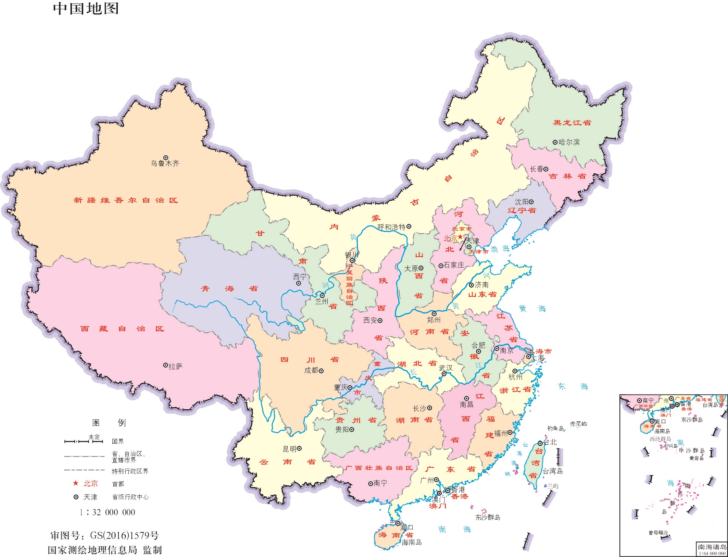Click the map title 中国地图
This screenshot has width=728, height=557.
[x=86, y=9]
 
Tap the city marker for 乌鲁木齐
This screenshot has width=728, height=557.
[x=166, y=158]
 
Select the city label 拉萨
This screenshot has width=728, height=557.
[x=175, y=367]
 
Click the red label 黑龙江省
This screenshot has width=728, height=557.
[x=572, y=123]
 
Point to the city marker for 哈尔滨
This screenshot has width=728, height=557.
[x=555, y=142]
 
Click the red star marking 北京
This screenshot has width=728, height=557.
[x=460, y=237]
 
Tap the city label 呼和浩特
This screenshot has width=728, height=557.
[x=391, y=227]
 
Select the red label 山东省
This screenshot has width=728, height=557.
[x=482, y=294]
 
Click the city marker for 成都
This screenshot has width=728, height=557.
[x=321, y=371]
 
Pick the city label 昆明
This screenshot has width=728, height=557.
[x=289, y=449]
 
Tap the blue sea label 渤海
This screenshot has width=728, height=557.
[x=500, y=249]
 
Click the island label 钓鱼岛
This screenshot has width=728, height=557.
[x=555, y=428]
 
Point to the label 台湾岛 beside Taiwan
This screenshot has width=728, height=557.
[x=553, y=471]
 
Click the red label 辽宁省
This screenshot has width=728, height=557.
[x=522, y=210]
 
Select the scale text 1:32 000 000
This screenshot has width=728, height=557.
[x=108, y=512]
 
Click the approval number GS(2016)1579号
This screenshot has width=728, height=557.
[x=124, y=535]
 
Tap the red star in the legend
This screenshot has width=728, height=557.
[x=76, y=483]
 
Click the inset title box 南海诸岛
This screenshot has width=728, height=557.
[x=712, y=547]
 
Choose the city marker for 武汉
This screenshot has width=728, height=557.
[x=444, y=374]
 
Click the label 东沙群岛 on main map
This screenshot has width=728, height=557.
[x=488, y=517]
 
